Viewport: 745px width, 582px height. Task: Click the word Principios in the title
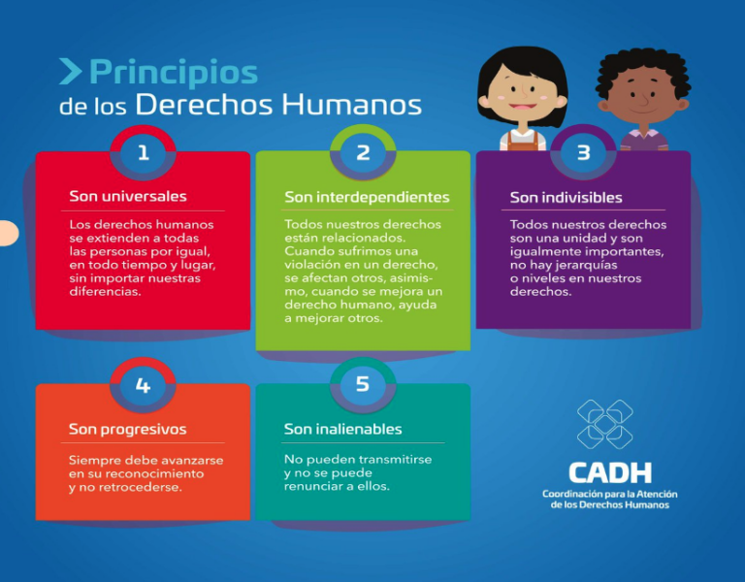coord(174,73)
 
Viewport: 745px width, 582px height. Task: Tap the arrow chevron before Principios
coord(70,71)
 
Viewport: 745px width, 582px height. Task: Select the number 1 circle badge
coord(143,152)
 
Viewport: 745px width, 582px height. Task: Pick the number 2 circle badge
coord(363,152)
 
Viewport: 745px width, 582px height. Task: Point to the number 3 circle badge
coord(583,152)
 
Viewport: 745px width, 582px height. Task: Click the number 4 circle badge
coord(143,385)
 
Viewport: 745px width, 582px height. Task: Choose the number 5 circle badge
coord(363,384)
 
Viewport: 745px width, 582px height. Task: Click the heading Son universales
coord(128,196)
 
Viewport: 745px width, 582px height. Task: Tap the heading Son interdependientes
coord(367,197)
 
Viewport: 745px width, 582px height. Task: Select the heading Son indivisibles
coord(566,197)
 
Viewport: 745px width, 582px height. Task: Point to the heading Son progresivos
coord(127,430)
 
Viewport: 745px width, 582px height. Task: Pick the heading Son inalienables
coord(343,429)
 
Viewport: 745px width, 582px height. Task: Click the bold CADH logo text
coord(610,472)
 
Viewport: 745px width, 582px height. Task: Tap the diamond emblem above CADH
coord(605,424)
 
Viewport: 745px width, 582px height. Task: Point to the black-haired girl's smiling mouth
coord(522,107)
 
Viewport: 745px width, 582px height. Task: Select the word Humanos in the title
coord(351,105)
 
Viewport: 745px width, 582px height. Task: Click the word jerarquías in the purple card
coord(586,265)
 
